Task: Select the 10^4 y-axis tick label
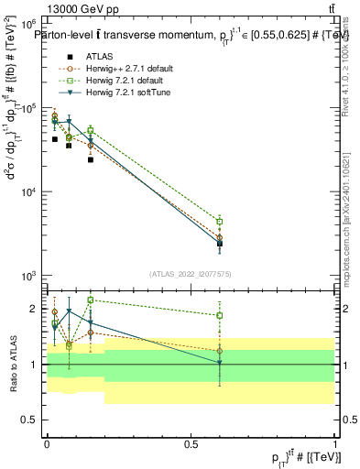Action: pyautogui.click(x=28, y=191)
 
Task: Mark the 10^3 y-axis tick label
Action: pyautogui.click(x=28, y=276)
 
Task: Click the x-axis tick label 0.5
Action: pyautogui.click(x=191, y=442)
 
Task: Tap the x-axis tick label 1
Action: pyautogui.click(x=335, y=442)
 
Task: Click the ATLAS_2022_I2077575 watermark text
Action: pyautogui.click(x=191, y=273)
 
